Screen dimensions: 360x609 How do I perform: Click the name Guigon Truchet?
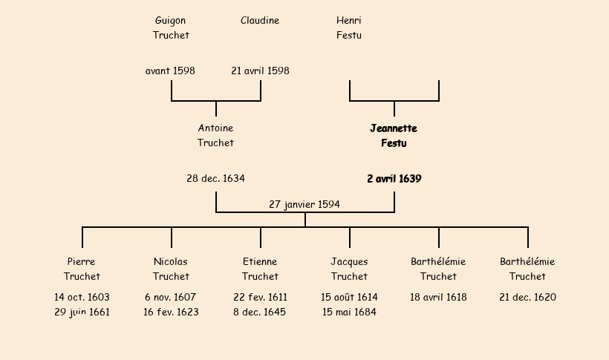click(171, 27)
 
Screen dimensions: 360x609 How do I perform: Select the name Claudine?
click(260, 21)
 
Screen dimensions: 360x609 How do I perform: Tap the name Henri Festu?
click(349, 27)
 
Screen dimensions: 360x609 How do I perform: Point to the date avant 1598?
click(171, 71)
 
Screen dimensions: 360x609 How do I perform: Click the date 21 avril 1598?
click(260, 71)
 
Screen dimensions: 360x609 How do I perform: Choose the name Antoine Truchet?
click(215, 135)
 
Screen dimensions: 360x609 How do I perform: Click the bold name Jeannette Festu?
click(394, 135)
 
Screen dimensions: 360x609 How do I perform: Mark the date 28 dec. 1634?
click(215, 179)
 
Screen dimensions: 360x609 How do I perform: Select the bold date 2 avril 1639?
click(394, 179)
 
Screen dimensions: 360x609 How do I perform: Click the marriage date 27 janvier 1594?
click(304, 204)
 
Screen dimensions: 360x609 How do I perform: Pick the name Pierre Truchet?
click(82, 269)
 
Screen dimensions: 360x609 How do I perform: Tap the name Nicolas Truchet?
click(171, 269)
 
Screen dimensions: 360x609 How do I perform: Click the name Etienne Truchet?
click(260, 269)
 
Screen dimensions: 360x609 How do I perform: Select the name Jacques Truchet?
click(349, 269)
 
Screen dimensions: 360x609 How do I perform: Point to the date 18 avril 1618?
click(438, 298)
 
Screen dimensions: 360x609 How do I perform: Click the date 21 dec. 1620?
click(527, 298)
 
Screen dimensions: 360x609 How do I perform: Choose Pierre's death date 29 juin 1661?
click(82, 312)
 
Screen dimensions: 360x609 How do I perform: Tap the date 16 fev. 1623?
click(171, 312)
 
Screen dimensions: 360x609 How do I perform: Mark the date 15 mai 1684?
click(349, 312)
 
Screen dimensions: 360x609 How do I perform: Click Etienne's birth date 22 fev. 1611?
click(260, 298)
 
